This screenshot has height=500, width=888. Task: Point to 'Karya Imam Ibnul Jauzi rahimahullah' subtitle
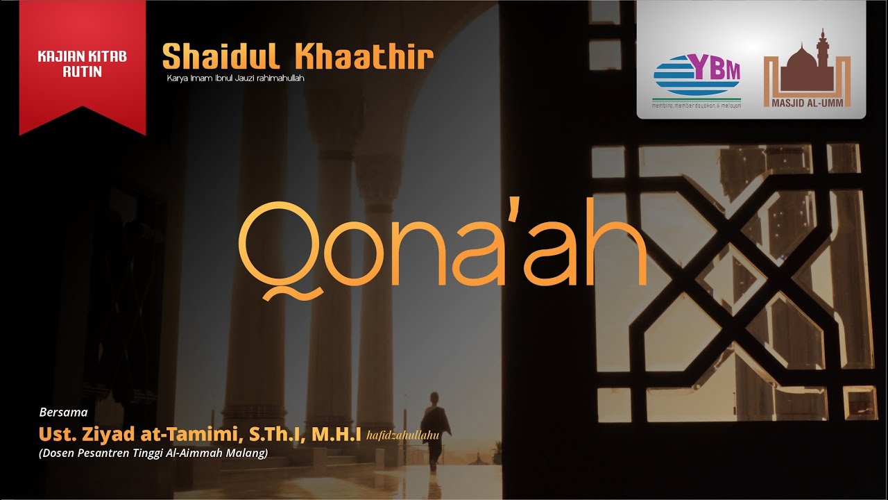click(235, 78)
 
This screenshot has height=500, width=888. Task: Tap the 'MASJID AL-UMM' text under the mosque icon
click(807, 103)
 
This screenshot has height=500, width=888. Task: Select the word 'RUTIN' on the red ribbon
click(82, 71)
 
